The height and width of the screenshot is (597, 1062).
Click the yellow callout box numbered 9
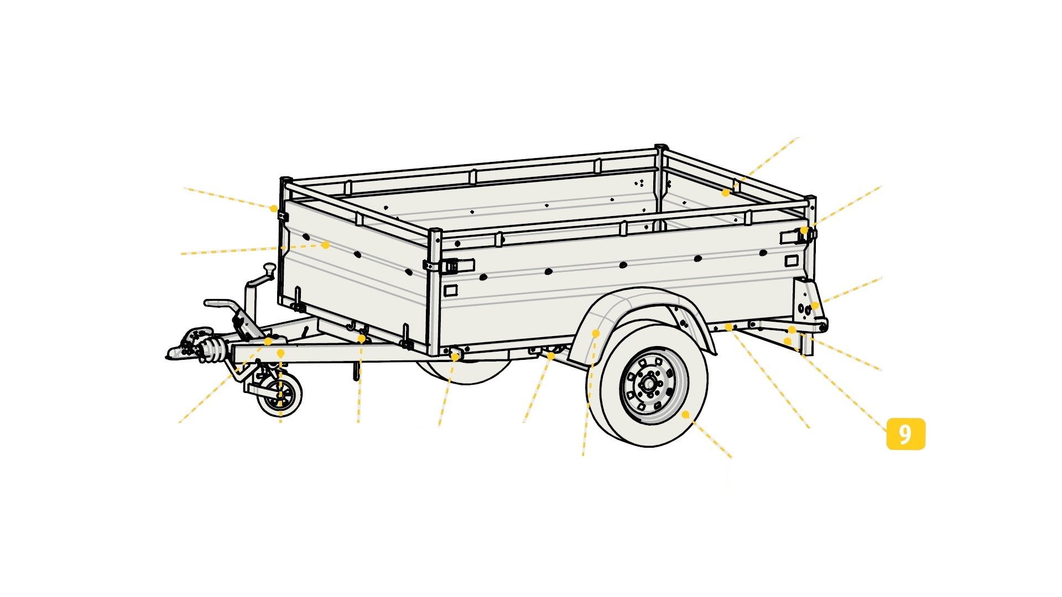(905, 434)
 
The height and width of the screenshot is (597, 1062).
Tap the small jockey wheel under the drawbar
(279, 395)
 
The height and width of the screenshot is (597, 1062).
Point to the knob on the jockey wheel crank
(269, 269)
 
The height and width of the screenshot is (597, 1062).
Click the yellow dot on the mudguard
(596, 333)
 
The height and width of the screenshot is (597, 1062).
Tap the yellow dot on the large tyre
(685, 414)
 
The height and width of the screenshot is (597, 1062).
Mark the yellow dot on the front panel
(325, 245)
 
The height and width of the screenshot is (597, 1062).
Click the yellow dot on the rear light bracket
(814, 306)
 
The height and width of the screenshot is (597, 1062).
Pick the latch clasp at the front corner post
(449, 266)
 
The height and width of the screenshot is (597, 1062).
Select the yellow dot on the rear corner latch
(804, 230)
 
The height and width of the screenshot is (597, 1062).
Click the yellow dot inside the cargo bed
(725, 193)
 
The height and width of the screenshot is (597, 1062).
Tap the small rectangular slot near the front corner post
(451, 290)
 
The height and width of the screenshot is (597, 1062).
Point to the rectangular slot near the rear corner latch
(792, 260)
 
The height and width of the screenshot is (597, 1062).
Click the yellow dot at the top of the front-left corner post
(273, 208)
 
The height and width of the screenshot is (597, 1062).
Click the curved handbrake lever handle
(221, 305)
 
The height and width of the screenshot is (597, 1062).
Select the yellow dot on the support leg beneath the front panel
(361, 338)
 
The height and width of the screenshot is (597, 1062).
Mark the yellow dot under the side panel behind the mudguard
(728, 327)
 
